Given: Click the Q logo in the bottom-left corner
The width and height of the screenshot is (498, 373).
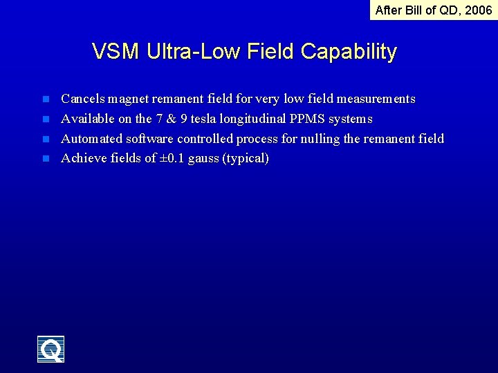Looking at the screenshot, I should coord(51,349).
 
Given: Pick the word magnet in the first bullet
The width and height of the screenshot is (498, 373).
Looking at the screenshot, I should coord(129,99).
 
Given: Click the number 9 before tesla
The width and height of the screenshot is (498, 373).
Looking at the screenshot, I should coord(184,119).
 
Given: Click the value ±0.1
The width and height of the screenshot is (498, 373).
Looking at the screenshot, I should coord(173,158).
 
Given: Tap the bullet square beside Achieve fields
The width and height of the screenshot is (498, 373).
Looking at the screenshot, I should coord(46,158).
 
